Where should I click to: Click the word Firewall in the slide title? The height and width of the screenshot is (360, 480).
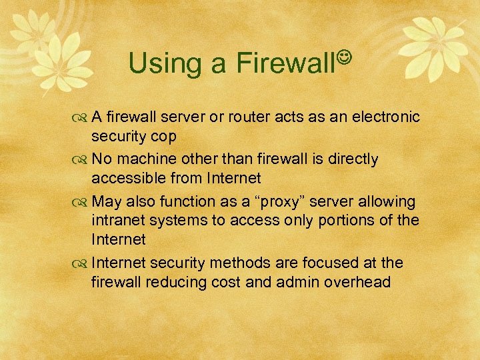pyautogui.click(x=286, y=63)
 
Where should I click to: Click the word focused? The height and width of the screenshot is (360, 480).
pyautogui.click(x=324, y=263)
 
